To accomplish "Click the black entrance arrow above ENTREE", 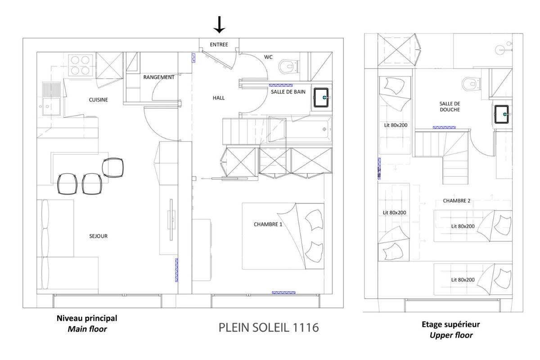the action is point(219,25).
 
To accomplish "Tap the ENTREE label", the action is point(219,45).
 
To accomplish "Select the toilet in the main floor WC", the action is point(288,66).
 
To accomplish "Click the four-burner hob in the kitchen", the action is point(80,65).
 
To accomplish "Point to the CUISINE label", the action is point(99,100).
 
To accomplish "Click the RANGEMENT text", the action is point(158,77).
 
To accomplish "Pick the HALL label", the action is point(219,98).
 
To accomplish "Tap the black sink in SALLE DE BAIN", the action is point(321,97).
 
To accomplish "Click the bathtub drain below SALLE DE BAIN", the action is point(324,129).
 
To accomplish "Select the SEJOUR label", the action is point(99,236).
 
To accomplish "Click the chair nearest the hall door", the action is point(113,167).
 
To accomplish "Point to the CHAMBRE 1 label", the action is point(268,225).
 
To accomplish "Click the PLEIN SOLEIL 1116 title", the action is point(269,328).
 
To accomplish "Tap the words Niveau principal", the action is point(87,318).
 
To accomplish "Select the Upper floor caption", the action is point(451,335).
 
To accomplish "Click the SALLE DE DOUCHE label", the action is point(450,107).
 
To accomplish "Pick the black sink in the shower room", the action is point(502,114).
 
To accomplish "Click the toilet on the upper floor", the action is point(471,84).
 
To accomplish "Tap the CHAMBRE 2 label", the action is point(457,201).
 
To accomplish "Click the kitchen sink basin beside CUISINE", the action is point(51,107).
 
